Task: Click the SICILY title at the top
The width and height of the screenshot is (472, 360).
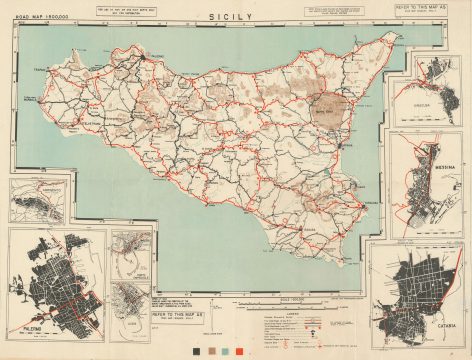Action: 236,18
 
